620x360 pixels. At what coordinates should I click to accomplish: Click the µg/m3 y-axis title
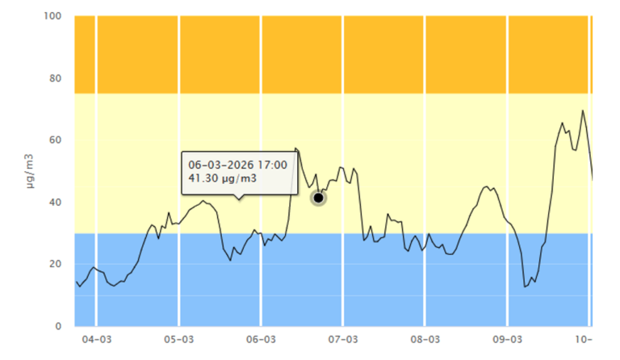pyautogui.click(x=29, y=171)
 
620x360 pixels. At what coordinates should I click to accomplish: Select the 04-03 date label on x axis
pyautogui.click(x=96, y=340)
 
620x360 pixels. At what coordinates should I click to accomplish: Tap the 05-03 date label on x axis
pyautogui.click(x=178, y=340)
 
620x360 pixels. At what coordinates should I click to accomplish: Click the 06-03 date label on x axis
pyautogui.click(x=261, y=340)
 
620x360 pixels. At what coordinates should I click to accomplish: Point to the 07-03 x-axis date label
pyautogui.click(x=343, y=340)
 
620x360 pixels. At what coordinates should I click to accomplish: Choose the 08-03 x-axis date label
pyautogui.click(x=425, y=340)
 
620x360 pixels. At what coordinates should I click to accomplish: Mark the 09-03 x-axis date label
pyautogui.click(x=507, y=340)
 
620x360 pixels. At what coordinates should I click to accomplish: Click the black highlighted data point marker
pyautogui.click(x=318, y=198)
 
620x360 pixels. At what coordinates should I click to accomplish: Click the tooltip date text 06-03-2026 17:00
pyautogui.click(x=233, y=165)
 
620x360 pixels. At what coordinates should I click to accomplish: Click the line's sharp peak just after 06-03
pyautogui.click(x=295, y=149)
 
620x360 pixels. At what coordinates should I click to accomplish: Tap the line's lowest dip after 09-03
pyautogui.click(x=525, y=287)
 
